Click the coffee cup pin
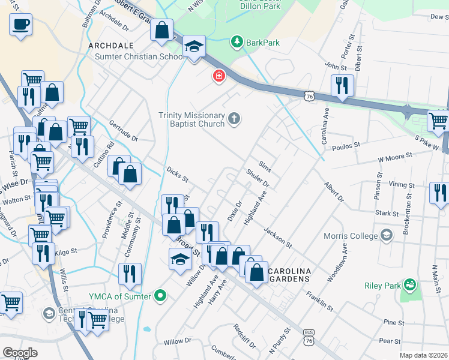(x=20, y=25)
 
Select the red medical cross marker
(x=219, y=76)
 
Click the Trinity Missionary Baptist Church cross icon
(x=234, y=119)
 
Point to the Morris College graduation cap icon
(x=386, y=234)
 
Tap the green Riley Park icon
(x=410, y=283)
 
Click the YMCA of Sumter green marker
(x=160, y=295)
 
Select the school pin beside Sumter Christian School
(x=194, y=47)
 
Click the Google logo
(x=20, y=353)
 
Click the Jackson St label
(x=277, y=237)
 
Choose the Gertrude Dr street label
(x=123, y=131)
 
